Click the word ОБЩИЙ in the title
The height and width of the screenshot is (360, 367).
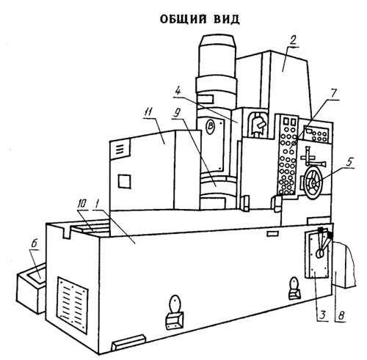[x=183, y=20]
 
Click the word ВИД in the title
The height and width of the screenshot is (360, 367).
[x=226, y=19]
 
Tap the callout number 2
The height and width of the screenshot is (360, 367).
[x=292, y=41]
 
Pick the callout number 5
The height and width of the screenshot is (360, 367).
[x=350, y=162]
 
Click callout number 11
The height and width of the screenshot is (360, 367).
[x=149, y=113]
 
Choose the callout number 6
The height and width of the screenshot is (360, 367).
[x=34, y=244]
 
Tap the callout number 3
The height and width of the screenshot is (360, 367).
[x=323, y=315]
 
